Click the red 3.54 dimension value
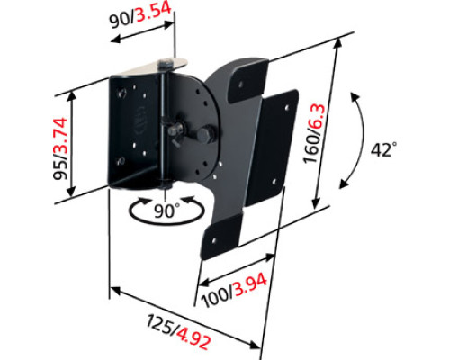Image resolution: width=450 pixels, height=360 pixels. pyautogui.click(x=154, y=13)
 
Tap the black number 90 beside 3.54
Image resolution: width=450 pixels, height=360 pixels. pyautogui.click(x=120, y=21)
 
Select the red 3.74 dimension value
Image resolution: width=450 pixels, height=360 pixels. pyautogui.click(x=60, y=136)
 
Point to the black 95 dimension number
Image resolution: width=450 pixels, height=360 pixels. pyautogui.click(x=60, y=169)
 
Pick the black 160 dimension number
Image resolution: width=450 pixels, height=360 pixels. pyautogui.click(x=312, y=149)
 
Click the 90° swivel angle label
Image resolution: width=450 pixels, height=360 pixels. pyautogui.click(x=166, y=211)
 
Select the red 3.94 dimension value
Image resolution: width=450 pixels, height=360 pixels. pyautogui.click(x=250, y=284)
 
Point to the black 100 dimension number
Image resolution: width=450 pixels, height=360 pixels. pyautogui.click(x=216, y=297)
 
